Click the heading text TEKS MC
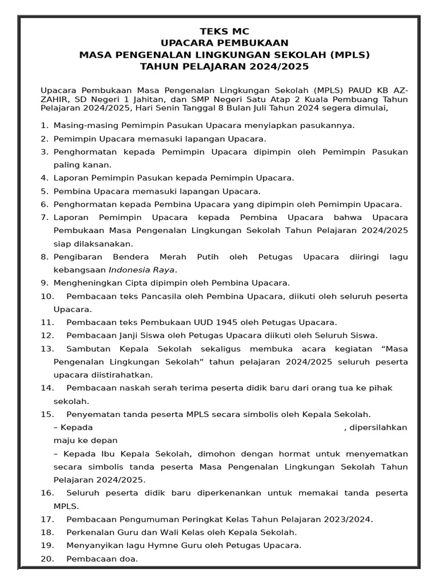pyautogui.click(x=224, y=31)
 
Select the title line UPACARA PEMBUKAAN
pyautogui.click(x=224, y=43)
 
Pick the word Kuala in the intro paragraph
pyautogui.click(x=322, y=98)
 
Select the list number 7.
pyautogui.click(x=44, y=218)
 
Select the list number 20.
pyautogui.click(x=47, y=559)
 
